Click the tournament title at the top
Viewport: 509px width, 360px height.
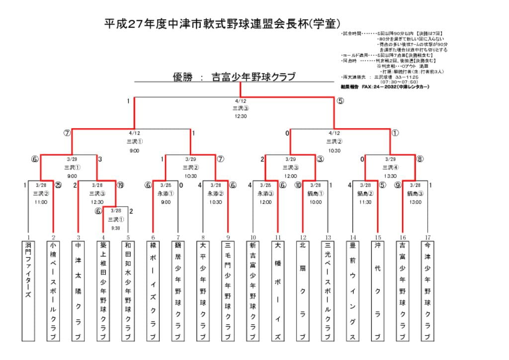point(222,23)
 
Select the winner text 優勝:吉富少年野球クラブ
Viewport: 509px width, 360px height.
point(234,77)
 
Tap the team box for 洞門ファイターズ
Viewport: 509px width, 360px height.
point(28,290)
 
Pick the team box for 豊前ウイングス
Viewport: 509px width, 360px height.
point(352,290)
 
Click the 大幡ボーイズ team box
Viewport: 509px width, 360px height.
point(278,290)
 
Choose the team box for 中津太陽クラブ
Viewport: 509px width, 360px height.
point(78,290)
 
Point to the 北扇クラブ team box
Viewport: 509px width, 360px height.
point(303,290)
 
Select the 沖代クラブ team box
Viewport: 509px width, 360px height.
point(377,290)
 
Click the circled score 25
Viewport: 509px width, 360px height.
point(58,185)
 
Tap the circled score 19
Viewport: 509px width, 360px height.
point(120,185)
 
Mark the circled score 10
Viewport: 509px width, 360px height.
point(298,185)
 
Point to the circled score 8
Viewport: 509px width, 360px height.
point(420,160)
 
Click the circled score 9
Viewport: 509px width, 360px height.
point(398,185)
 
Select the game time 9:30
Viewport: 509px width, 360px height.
point(115,228)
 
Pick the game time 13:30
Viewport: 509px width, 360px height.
point(390,176)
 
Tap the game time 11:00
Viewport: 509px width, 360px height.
point(41,202)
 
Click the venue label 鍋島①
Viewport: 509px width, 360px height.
point(315,194)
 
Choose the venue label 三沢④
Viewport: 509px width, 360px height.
point(390,168)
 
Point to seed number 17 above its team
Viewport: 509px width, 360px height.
point(427,237)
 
